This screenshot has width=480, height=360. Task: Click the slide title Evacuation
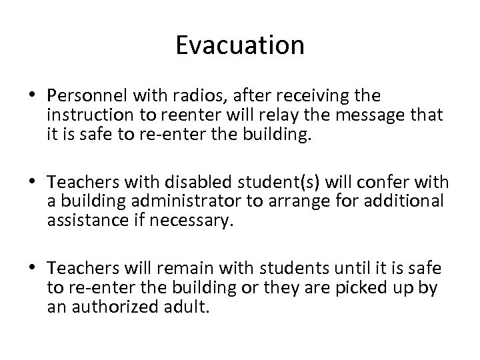tap(240, 46)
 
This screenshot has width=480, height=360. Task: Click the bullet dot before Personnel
tap(33, 94)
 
